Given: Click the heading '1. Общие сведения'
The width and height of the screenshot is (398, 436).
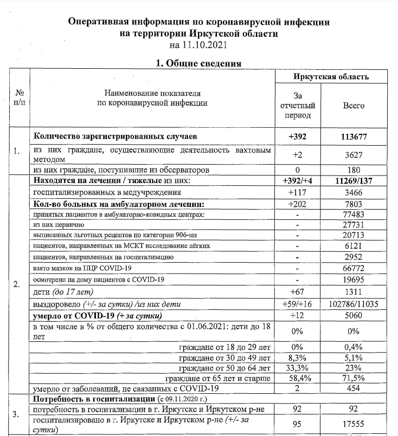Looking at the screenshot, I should [x=198, y=63].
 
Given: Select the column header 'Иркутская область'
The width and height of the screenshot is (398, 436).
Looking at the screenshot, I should [x=331, y=77].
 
